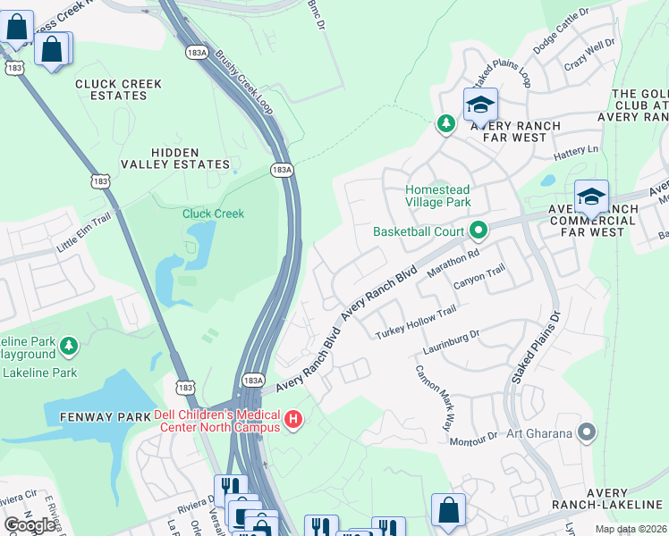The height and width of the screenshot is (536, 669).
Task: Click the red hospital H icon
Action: (x=292, y=419)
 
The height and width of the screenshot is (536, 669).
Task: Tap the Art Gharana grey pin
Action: (x=587, y=433)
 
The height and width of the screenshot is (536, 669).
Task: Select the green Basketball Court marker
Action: (x=478, y=232)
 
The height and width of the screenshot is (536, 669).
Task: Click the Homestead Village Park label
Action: (x=438, y=197)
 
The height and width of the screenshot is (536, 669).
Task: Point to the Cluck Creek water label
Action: (x=213, y=214)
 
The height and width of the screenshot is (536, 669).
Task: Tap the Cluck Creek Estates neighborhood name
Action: (x=119, y=89)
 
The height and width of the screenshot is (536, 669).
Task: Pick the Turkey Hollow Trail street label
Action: (x=416, y=321)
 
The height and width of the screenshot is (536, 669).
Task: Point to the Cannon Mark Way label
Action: (x=432, y=398)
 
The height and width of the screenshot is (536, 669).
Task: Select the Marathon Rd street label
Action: (x=454, y=264)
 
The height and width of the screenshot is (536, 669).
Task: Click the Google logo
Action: (x=30, y=525)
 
